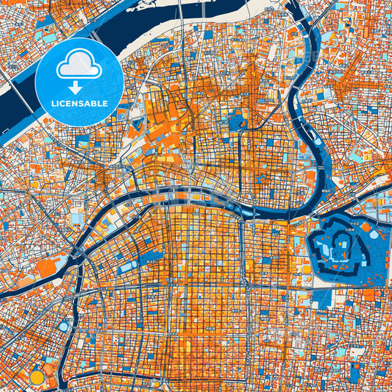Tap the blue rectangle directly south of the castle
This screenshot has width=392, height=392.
(322, 298)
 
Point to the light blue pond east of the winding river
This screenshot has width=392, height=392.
(355, 155)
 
